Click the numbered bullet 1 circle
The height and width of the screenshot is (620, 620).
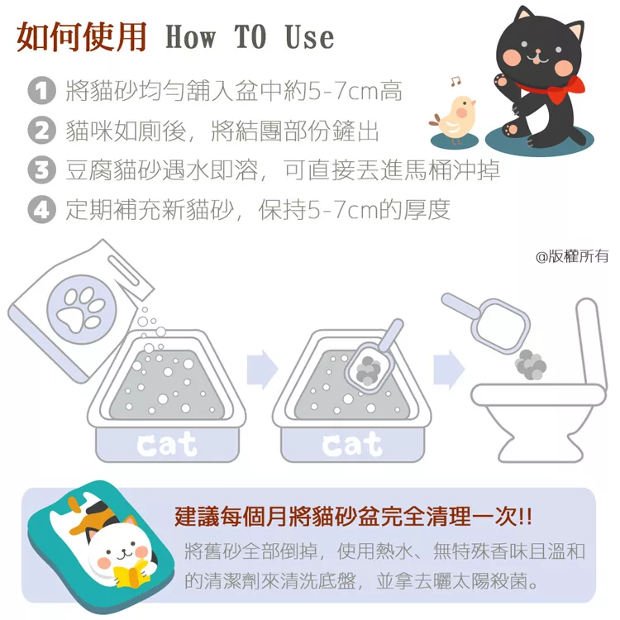pyautogui.click(x=41, y=91)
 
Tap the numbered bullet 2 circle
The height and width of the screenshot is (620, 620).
pyautogui.click(x=41, y=130)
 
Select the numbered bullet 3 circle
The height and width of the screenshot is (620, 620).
pyautogui.click(x=41, y=169)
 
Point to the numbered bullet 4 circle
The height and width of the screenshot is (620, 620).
pyautogui.click(x=41, y=209)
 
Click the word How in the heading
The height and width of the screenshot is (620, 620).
pyautogui.click(x=191, y=36)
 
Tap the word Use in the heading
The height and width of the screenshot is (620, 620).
pyautogui.click(x=309, y=36)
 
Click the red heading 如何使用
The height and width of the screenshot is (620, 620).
pyautogui.click(x=82, y=36)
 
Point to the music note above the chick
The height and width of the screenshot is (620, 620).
pyautogui.click(x=455, y=81)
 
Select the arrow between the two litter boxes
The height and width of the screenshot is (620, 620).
pyautogui.click(x=262, y=370)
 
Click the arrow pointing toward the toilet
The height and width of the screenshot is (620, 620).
pyautogui.click(x=449, y=370)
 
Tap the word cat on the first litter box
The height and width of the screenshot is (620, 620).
pyautogui.click(x=166, y=444)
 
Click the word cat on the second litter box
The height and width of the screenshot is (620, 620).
pyautogui.click(x=352, y=444)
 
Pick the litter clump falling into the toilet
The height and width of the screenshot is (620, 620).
pyautogui.click(x=531, y=365)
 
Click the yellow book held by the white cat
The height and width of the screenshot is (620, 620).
pyautogui.click(x=132, y=575)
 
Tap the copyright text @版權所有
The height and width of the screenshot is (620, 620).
pyautogui.click(x=572, y=256)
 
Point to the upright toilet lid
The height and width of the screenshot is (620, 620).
pyautogui.click(x=591, y=341)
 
